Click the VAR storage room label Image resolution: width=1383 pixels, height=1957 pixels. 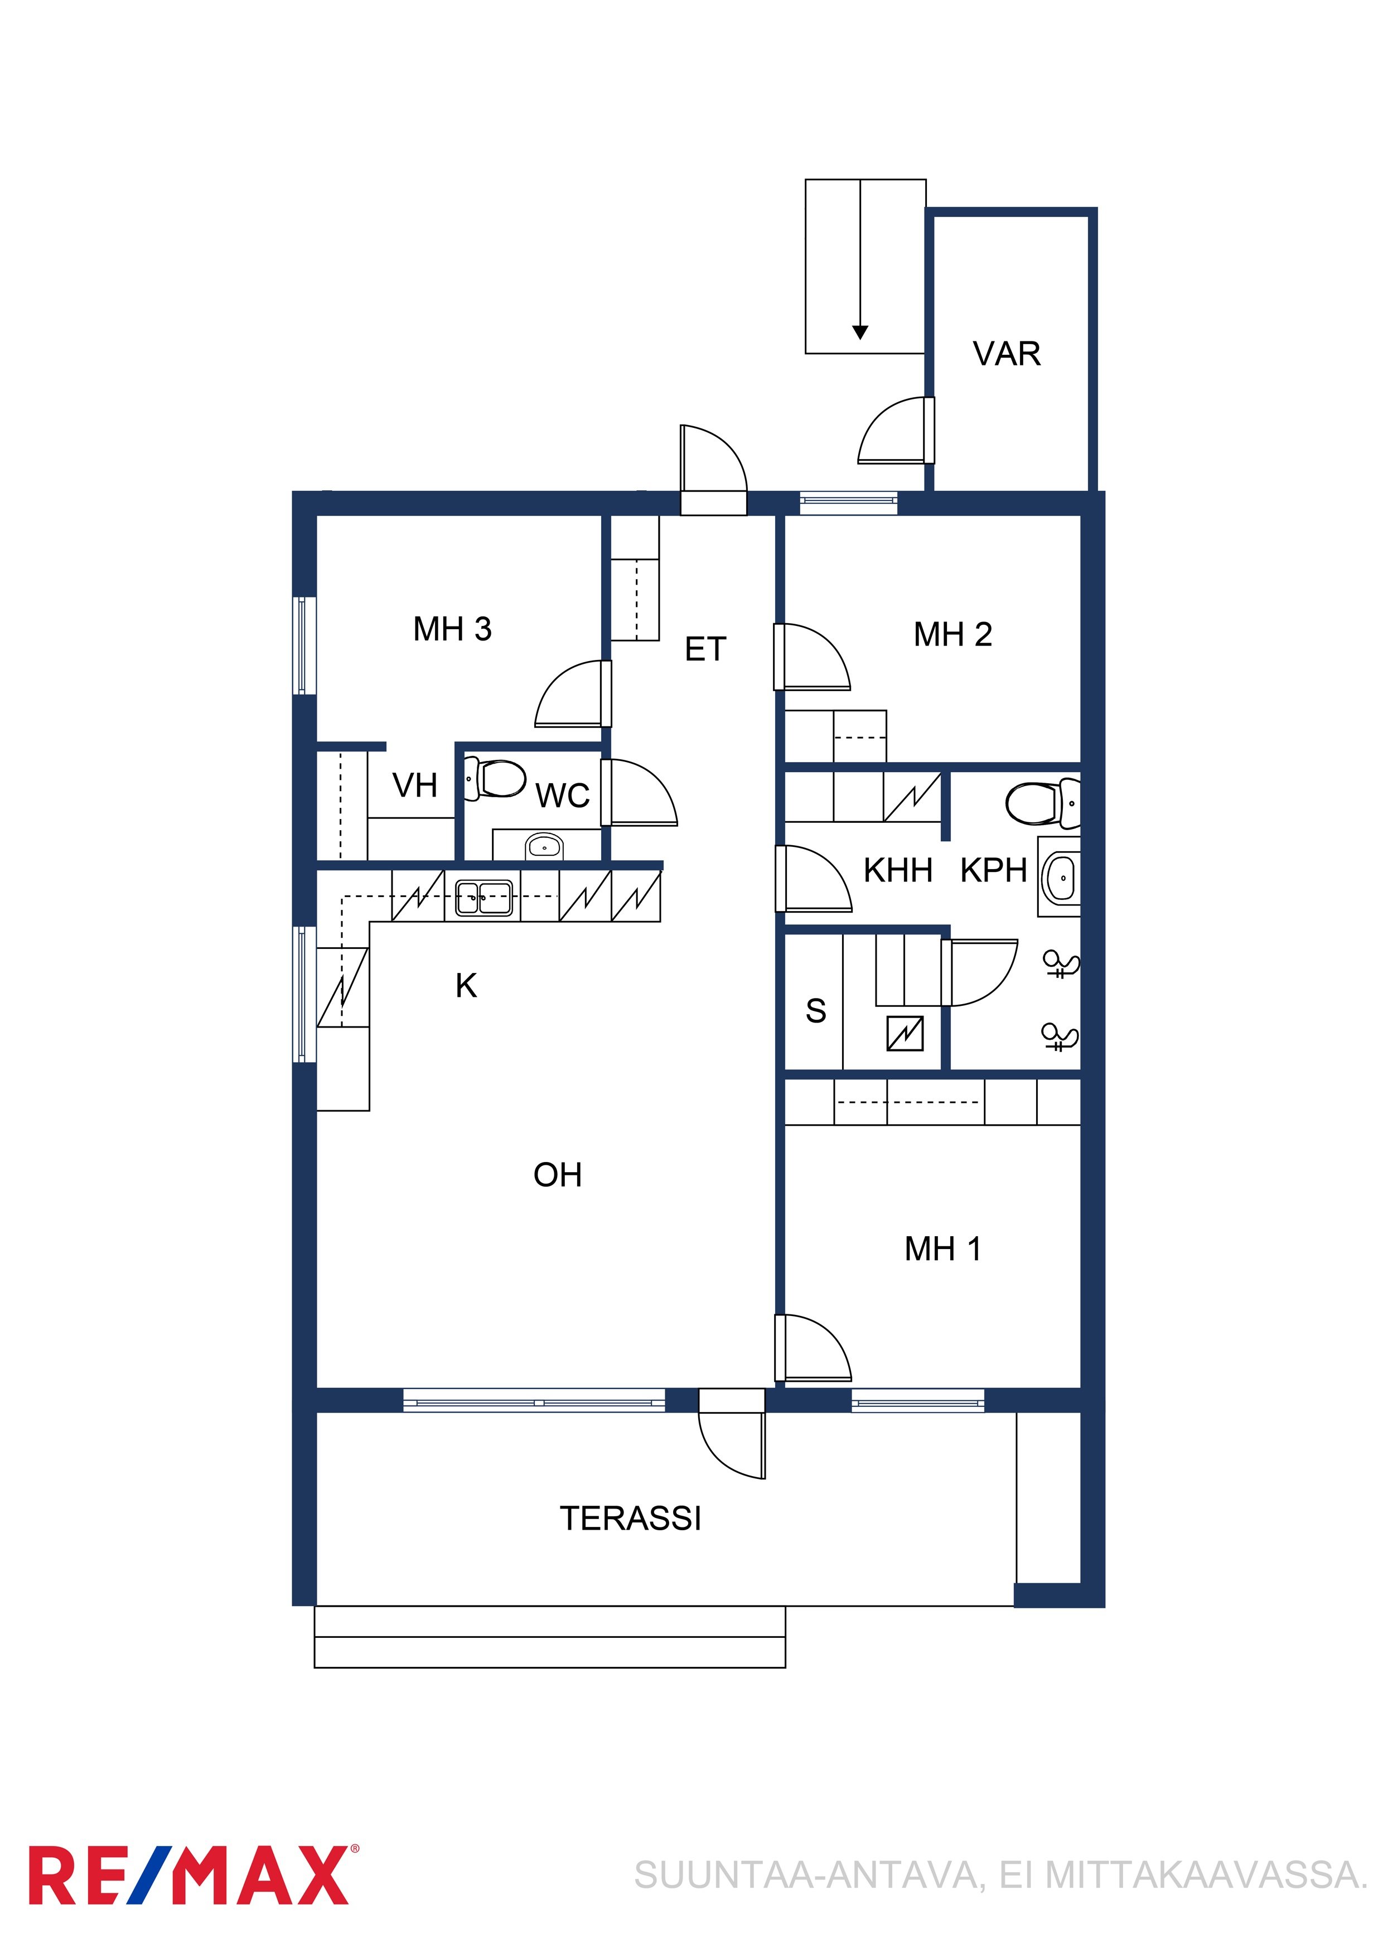click(1007, 353)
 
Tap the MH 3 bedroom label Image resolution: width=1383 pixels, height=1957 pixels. click(452, 629)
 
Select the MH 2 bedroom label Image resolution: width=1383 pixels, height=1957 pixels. click(952, 634)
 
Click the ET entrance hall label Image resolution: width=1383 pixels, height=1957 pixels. click(705, 649)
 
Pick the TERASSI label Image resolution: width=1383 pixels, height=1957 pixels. click(631, 1518)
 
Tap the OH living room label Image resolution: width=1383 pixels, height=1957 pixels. click(557, 1174)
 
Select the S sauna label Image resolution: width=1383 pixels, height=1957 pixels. click(815, 1011)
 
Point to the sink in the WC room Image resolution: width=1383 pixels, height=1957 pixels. click(544, 846)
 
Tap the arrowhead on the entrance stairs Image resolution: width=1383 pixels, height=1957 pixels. click(860, 332)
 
